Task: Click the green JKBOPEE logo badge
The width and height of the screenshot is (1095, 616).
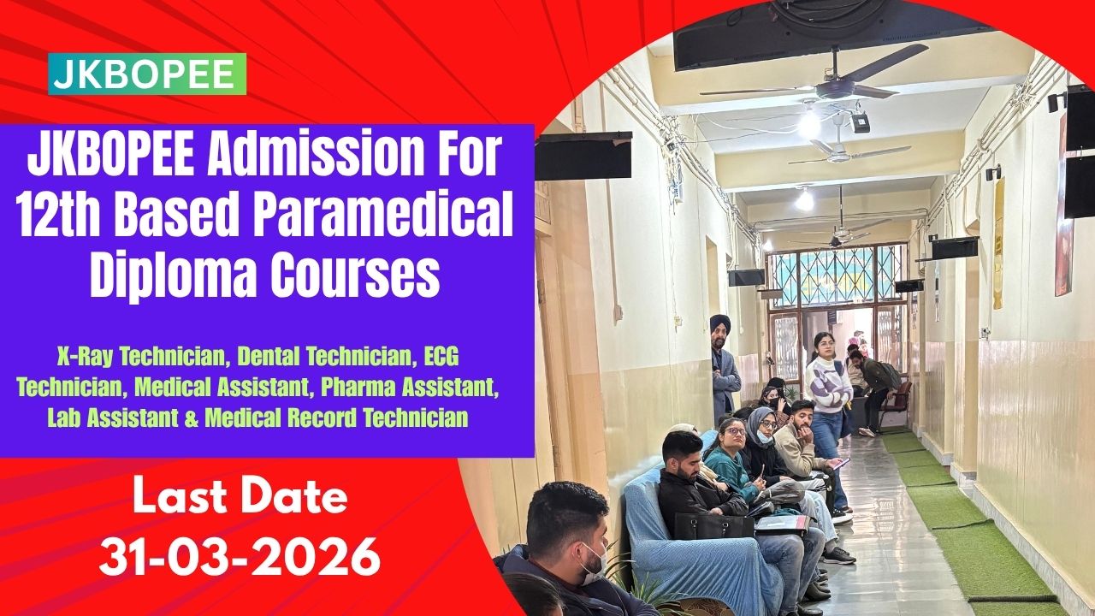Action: (x=147, y=74)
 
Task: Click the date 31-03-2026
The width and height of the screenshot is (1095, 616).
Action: (x=240, y=557)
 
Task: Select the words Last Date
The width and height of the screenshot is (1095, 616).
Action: (x=240, y=497)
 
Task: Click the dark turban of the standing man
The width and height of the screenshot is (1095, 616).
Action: (x=720, y=322)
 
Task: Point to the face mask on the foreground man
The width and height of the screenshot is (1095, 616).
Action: (x=595, y=563)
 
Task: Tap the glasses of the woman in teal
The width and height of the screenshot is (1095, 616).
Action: (x=735, y=431)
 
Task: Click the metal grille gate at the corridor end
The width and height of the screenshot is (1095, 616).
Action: (x=837, y=276)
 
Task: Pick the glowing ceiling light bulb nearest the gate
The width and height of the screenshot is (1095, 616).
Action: (x=804, y=200)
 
